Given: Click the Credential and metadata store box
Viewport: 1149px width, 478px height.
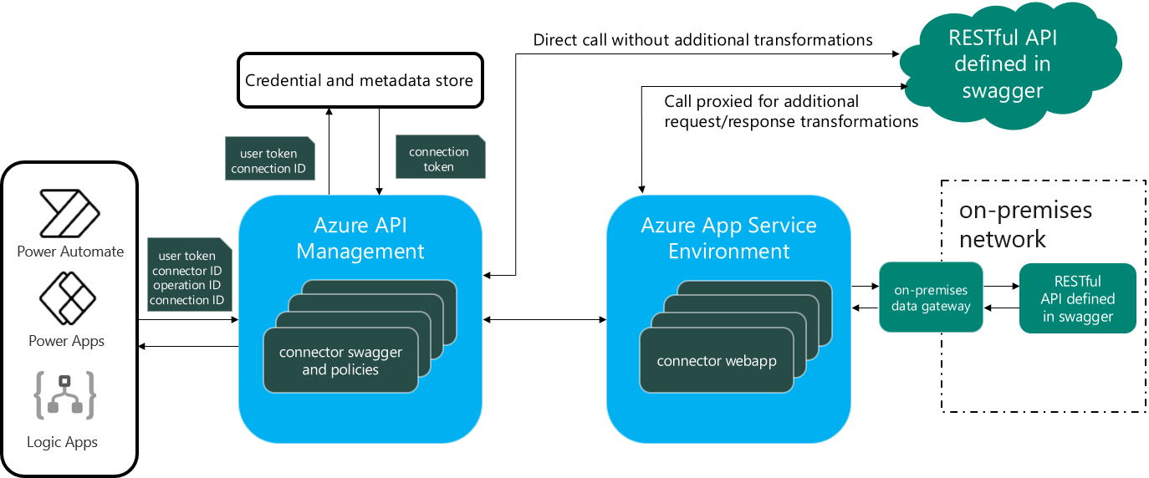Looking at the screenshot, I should [360, 81].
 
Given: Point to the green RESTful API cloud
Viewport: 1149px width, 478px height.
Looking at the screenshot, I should [1001, 64].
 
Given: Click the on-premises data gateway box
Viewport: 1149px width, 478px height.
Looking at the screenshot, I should [931, 298].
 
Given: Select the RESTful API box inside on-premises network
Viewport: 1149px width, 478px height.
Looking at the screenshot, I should [1077, 298].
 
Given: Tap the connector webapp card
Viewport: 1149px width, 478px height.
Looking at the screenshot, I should [716, 361].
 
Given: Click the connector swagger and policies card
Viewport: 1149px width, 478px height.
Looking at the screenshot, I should [340, 361].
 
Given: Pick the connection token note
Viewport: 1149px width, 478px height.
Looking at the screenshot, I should [438, 159].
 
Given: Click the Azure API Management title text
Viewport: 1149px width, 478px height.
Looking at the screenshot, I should [360, 238].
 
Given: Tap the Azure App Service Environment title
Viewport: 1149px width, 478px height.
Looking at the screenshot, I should [728, 238].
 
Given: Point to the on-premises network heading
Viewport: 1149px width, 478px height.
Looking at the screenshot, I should [1025, 224].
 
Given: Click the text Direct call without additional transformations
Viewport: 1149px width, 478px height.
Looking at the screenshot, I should [702, 40].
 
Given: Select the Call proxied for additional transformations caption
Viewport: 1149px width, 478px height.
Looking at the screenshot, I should [791, 111].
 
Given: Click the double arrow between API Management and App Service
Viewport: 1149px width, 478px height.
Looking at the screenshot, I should [544, 319].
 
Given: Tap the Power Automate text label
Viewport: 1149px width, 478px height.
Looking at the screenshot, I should [70, 252].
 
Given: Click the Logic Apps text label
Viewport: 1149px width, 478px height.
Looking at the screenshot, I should [63, 442].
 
